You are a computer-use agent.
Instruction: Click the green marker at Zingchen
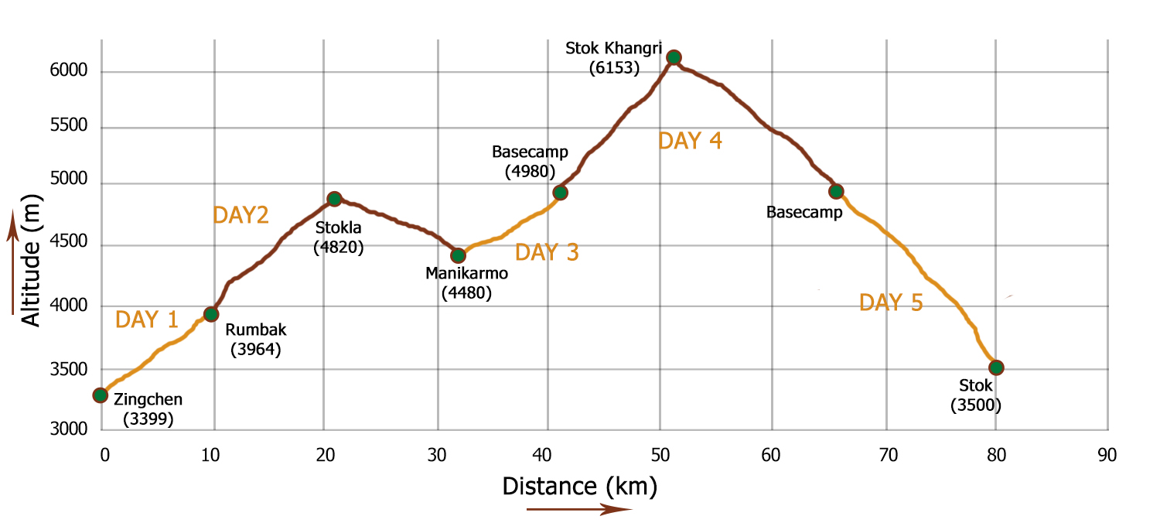tap(100, 395)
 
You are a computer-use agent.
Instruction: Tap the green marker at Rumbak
tap(210, 313)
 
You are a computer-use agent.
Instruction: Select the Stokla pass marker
tap(334, 199)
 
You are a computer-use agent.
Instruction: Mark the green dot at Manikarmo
tap(458, 255)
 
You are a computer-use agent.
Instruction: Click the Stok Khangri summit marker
tap(674, 57)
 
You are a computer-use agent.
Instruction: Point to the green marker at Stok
tap(996, 367)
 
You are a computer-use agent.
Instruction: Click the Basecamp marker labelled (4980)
tap(561, 193)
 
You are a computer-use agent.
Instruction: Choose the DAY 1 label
tap(146, 320)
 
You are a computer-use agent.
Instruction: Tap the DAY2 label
tap(241, 216)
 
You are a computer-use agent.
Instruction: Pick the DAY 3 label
tap(547, 253)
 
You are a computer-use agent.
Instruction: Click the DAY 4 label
tap(690, 142)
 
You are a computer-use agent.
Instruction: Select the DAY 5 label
tap(891, 303)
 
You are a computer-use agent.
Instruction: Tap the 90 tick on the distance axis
tap(1107, 455)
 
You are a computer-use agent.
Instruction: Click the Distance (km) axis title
tap(579, 487)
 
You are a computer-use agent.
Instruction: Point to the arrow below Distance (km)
tap(579, 509)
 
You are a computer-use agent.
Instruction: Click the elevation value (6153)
tap(614, 68)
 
